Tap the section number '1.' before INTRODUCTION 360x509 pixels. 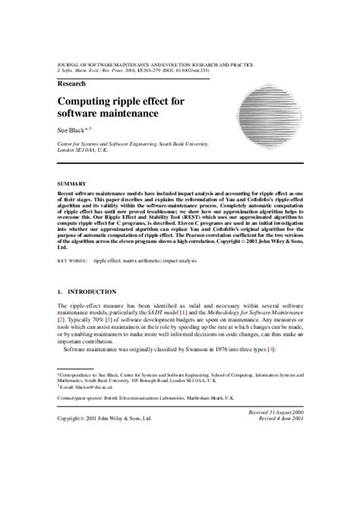point(61,292)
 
